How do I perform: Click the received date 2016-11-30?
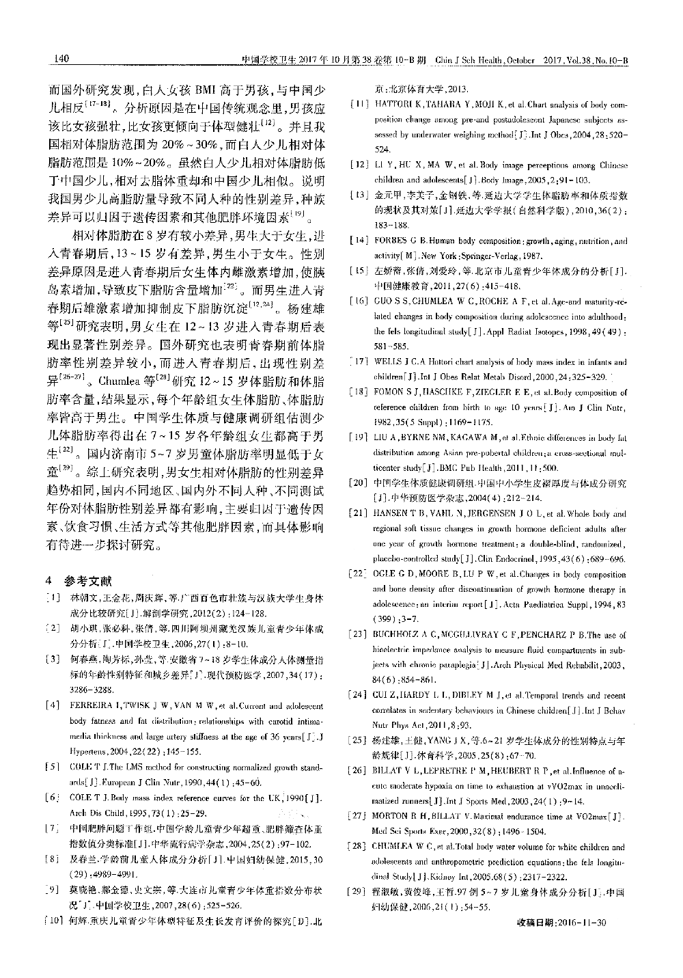[x=582, y=923]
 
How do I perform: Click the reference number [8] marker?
[x=50, y=858]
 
